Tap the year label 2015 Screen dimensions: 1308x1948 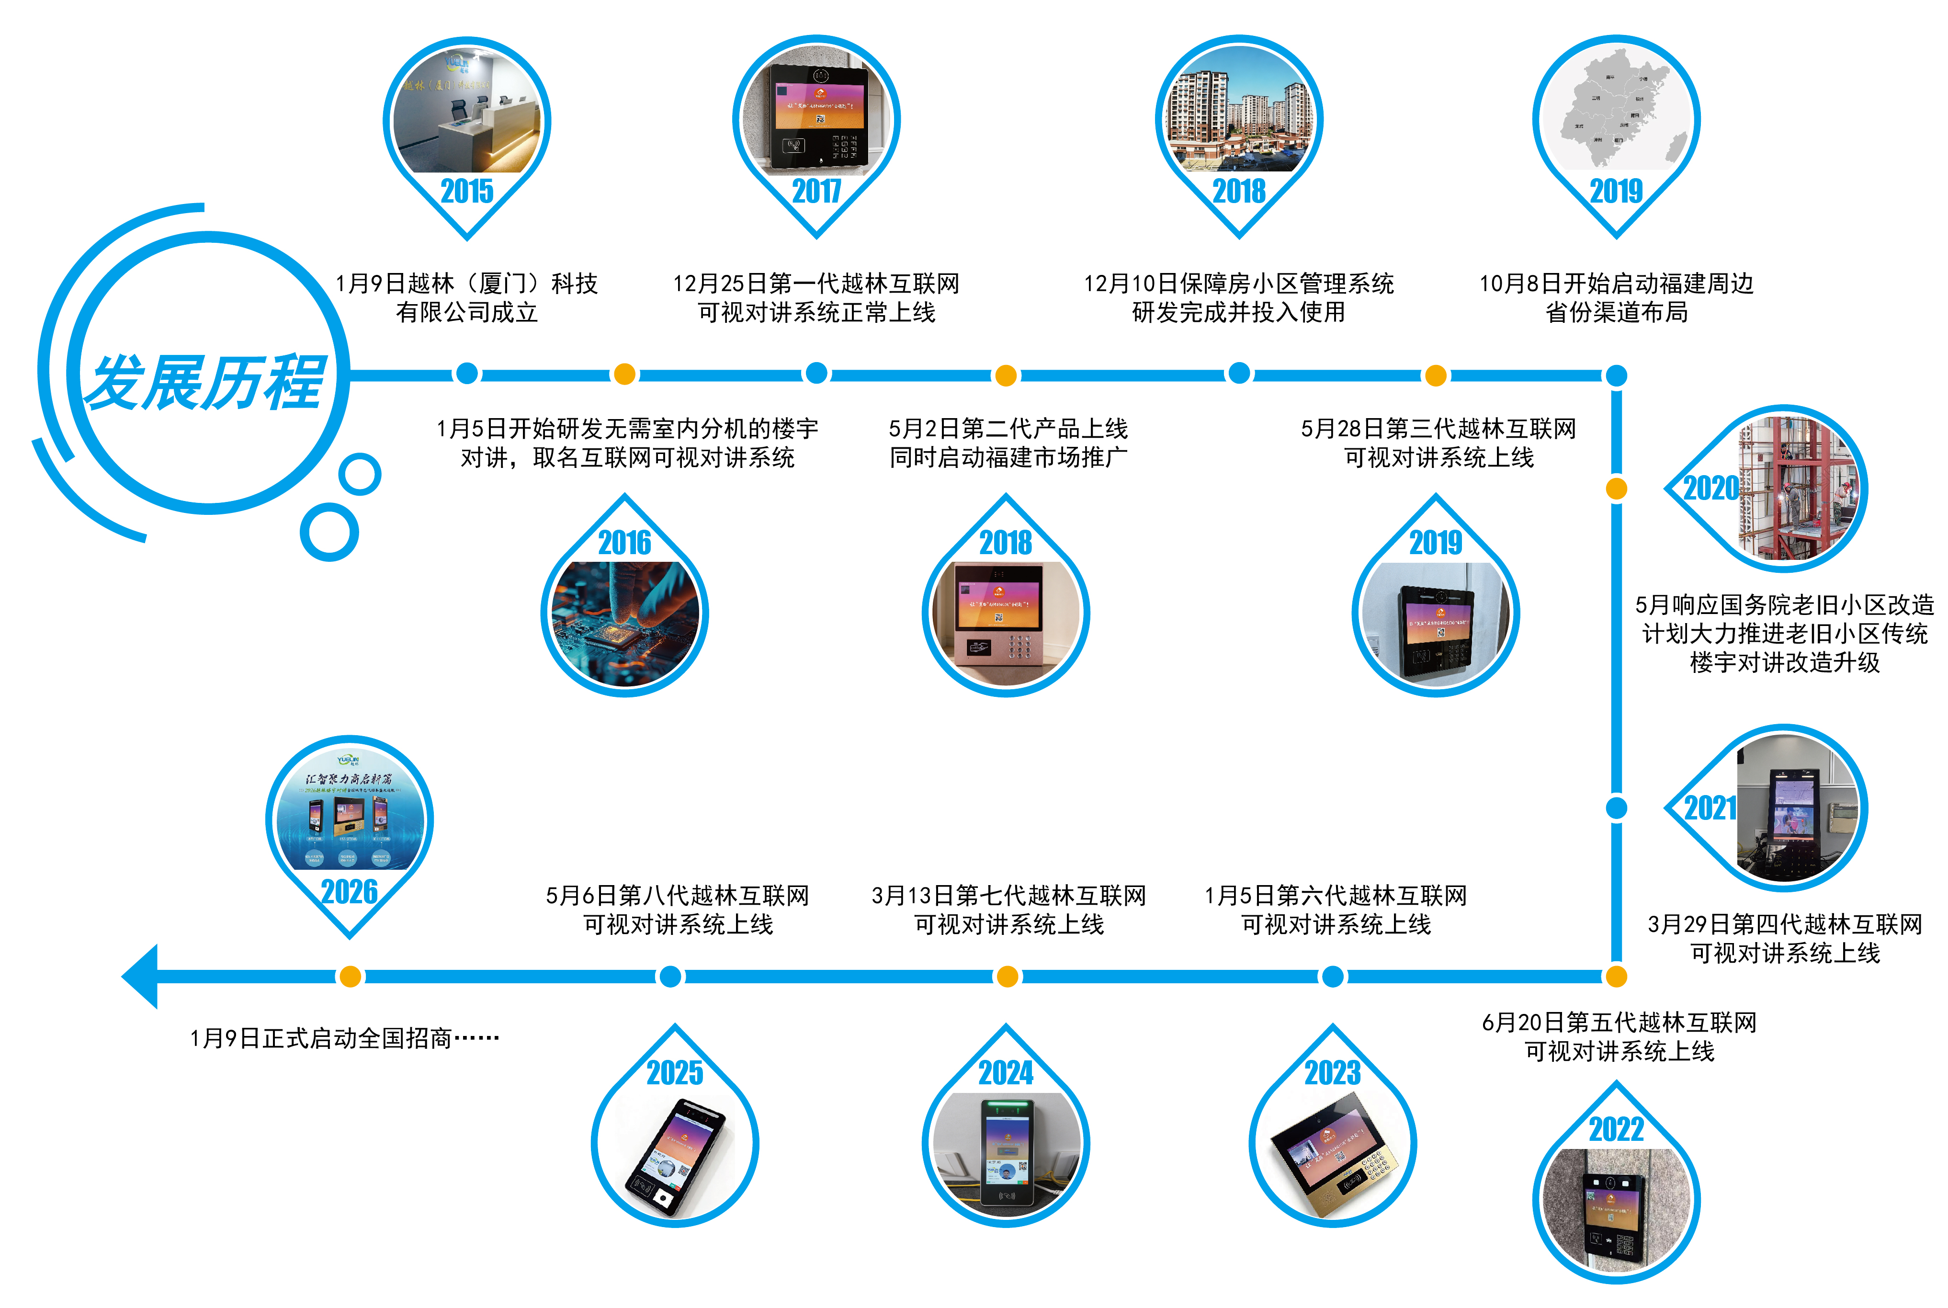467,191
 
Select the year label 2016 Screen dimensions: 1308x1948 624,543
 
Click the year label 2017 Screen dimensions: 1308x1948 816,191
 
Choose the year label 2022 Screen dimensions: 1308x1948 1616,1129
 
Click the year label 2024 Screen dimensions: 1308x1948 1006,1073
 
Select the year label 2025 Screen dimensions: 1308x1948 675,1073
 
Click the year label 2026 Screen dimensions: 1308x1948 350,892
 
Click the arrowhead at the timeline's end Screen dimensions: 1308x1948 140,976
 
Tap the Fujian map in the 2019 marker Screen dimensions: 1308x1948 1616,108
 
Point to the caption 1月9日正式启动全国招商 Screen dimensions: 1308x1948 343,1038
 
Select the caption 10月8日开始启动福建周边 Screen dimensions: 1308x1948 1616,284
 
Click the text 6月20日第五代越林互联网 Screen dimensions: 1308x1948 1619,1023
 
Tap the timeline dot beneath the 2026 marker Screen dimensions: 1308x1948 350,976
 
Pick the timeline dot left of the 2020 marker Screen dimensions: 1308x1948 1616,489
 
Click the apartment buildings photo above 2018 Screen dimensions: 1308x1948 1239,113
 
